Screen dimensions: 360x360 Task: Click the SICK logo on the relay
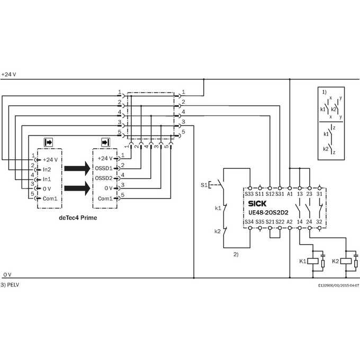(257, 204)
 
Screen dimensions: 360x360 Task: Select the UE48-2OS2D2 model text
(268, 213)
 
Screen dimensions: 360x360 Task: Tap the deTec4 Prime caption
(78, 218)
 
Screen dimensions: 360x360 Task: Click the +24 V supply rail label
(8, 75)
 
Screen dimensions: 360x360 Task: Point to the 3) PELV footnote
(10, 285)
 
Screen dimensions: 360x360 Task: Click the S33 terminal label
(249, 194)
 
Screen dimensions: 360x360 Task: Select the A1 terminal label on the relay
(290, 194)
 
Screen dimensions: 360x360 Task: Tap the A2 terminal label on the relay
(290, 222)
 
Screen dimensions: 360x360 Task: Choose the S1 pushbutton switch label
(204, 185)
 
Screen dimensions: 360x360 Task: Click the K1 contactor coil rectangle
(313, 261)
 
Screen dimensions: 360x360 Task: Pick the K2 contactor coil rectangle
(346, 261)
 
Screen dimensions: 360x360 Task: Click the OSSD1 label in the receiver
(104, 168)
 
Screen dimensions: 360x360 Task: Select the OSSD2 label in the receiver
(104, 178)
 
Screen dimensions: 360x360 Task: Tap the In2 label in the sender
(47, 169)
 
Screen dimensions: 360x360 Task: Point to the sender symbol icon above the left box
(49, 142)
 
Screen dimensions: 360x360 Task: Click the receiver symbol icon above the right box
(105, 142)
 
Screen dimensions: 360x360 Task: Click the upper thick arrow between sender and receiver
(77, 168)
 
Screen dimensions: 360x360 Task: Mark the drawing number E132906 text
(338, 285)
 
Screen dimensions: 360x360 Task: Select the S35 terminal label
(260, 222)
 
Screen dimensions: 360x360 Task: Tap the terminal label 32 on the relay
(319, 222)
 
